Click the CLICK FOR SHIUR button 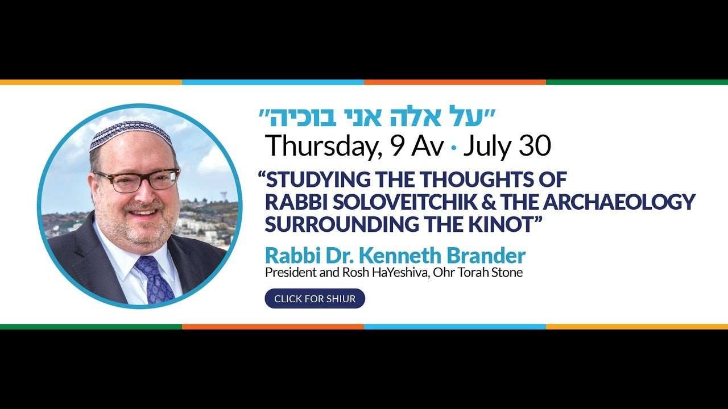[x=315, y=298]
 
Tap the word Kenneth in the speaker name [x=400, y=256]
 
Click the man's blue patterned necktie [x=155, y=279]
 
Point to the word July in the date [x=487, y=147]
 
